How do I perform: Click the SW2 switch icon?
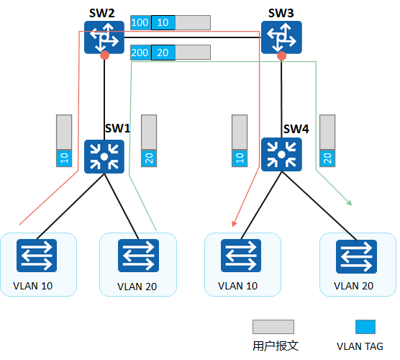(104, 37)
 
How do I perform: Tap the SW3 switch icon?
(281, 37)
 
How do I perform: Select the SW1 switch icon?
(104, 157)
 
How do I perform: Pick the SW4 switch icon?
(281, 156)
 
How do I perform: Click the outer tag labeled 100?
(140, 23)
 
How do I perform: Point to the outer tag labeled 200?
(140, 53)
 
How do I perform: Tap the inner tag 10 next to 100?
(163, 23)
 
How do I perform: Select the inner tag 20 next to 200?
(163, 53)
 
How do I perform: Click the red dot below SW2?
(105, 55)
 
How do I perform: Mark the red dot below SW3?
(281, 55)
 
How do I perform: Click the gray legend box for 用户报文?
(273, 328)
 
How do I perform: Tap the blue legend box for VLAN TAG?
(365, 328)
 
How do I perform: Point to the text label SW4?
(296, 129)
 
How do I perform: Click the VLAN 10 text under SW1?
(33, 286)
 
